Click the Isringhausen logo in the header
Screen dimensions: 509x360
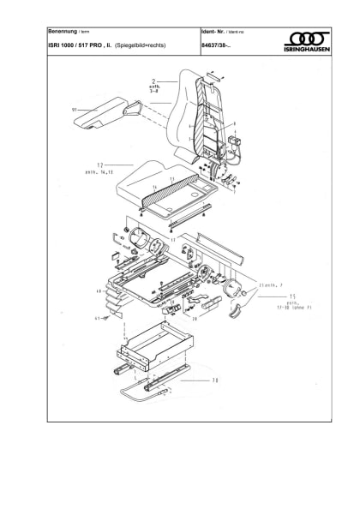point(309,40)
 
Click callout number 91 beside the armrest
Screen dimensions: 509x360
point(75,109)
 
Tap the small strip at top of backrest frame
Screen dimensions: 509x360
point(213,75)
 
